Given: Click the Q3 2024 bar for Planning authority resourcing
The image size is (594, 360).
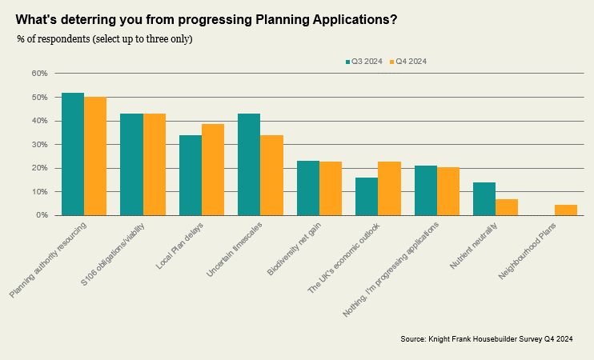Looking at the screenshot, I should [73, 154].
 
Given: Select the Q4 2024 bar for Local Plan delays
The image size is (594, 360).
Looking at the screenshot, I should [213, 170].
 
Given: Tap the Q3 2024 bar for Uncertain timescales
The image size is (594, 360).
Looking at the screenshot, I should [249, 165].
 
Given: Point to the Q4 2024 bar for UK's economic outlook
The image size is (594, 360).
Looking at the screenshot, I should [389, 189].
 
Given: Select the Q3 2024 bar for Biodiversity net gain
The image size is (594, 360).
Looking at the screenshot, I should [308, 188].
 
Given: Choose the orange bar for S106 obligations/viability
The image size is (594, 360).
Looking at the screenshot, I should [155, 165].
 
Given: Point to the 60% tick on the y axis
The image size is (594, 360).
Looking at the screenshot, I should [40, 74].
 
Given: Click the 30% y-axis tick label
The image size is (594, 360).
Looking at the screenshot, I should [40, 145].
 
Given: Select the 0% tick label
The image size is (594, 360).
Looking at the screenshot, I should [42, 215].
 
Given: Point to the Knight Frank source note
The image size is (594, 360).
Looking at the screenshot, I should [486, 339].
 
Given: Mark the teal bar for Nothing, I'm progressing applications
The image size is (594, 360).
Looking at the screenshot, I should [426, 190].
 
